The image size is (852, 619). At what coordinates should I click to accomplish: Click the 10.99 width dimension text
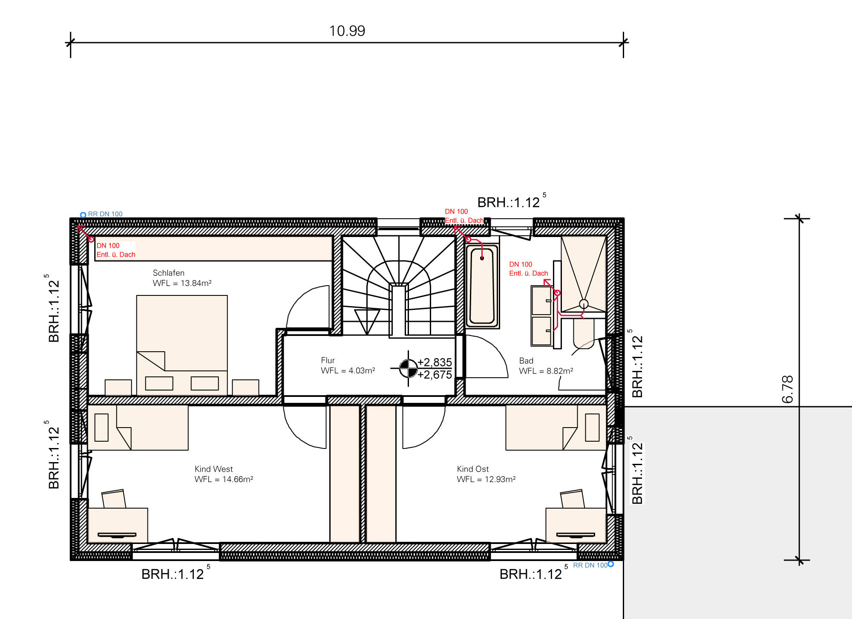tap(347, 31)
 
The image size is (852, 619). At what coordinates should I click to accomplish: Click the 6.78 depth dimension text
tap(788, 389)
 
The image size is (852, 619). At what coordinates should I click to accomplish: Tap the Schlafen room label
tap(169, 273)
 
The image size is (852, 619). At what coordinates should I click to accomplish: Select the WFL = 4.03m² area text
tap(348, 370)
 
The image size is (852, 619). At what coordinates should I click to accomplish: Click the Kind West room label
tap(213, 469)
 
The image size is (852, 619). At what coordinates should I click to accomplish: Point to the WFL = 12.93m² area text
tap(486, 479)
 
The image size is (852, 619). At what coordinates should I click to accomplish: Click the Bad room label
tap(526, 361)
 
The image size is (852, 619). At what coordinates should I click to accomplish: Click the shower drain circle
tap(584, 304)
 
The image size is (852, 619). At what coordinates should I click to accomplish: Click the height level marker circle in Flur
tap(408, 368)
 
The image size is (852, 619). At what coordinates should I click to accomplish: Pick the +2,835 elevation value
tap(435, 362)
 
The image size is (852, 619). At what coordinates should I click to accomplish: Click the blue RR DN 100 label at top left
tap(105, 214)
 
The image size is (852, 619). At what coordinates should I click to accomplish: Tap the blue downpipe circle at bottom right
tap(610, 564)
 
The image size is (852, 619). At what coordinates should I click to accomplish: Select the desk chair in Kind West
tap(114, 498)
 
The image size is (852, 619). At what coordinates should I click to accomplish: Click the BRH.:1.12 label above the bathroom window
tap(509, 202)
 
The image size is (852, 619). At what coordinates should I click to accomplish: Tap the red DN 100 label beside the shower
tap(521, 264)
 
